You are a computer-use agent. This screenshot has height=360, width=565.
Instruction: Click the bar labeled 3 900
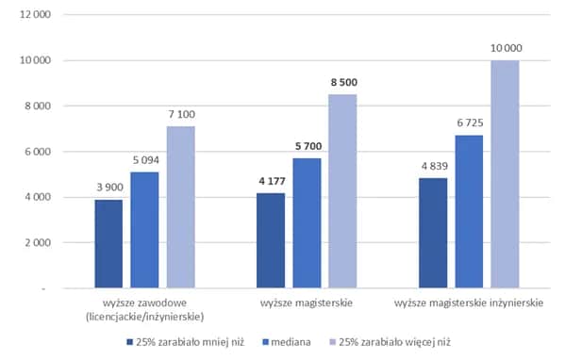[108, 244]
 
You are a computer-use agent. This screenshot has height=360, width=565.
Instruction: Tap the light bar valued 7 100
[181, 207]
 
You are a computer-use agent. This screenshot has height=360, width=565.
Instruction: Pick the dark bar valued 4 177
[271, 240]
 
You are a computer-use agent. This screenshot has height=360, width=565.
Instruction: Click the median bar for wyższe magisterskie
[307, 223]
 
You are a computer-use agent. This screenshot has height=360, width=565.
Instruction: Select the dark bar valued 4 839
[433, 233]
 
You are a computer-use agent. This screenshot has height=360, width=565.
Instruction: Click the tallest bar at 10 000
[505, 174]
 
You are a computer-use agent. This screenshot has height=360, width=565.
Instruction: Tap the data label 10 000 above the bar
[505, 48]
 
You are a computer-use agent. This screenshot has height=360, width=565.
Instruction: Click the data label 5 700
[307, 147]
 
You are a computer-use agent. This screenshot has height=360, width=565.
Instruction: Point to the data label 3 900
[108, 188]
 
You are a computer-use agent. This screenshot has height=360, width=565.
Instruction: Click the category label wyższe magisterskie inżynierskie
[469, 303]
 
